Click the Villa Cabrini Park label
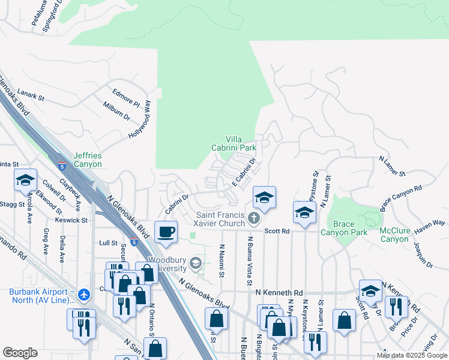pyautogui.click(x=234, y=142)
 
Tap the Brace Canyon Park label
pyautogui.click(x=343, y=228)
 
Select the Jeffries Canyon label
pyautogui.click(x=88, y=159)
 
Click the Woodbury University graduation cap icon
pyautogui.click(x=195, y=263)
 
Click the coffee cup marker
pyautogui.click(x=166, y=231)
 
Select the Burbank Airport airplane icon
pyautogui.click(x=83, y=295)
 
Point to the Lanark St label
pyautogui.click(x=31, y=95)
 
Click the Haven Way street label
pyautogui.click(x=430, y=223)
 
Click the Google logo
pyautogui.click(x=20, y=353)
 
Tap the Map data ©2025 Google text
pyautogui.click(x=411, y=355)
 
